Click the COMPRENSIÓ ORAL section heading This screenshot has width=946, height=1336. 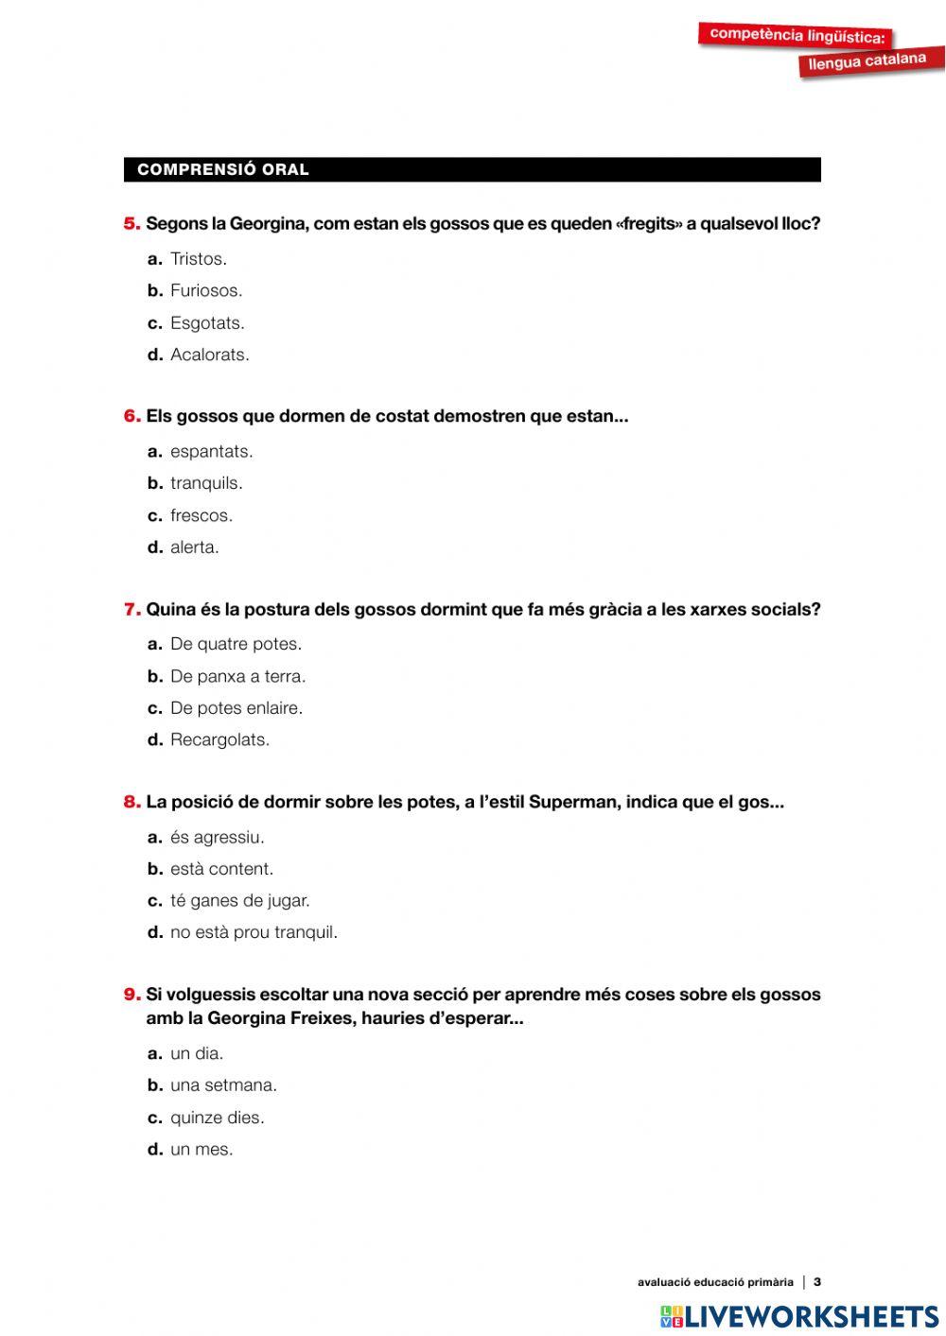[x=223, y=170]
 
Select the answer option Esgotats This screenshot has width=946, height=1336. [x=206, y=323]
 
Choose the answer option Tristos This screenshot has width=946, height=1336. [x=198, y=259]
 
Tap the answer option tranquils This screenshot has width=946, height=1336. [x=205, y=483]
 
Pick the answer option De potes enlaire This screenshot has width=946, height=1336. [x=236, y=708]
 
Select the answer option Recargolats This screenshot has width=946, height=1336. [x=219, y=740]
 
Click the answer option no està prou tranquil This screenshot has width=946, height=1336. [x=254, y=932]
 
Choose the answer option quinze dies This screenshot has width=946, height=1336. [x=217, y=1118]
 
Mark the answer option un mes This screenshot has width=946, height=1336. [x=201, y=1150]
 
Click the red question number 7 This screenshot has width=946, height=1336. [x=132, y=610]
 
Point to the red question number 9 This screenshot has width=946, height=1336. [x=132, y=995]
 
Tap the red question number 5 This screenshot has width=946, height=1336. [x=132, y=224]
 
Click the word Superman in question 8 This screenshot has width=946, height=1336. [x=572, y=803]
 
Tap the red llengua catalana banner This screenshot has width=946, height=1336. [x=867, y=61]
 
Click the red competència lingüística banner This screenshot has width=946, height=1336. [x=797, y=36]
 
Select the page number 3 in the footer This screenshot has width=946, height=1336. [x=817, y=1282]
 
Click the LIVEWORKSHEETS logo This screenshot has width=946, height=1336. [x=799, y=1316]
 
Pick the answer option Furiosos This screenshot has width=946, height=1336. [x=205, y=291]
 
